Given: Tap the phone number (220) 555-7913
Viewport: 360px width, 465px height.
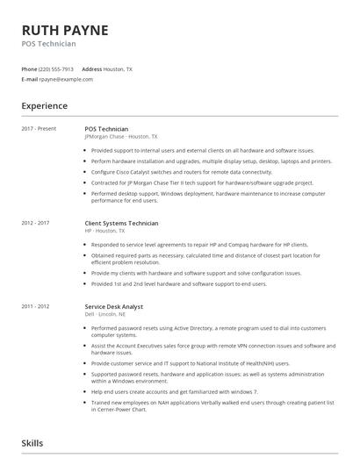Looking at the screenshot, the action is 56,68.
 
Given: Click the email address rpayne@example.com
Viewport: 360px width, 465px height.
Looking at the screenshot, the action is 66,79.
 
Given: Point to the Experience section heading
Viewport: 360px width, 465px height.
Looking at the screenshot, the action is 44,106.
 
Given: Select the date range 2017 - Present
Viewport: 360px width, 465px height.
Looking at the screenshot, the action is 39,129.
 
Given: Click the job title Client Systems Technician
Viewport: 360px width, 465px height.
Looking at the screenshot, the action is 121,223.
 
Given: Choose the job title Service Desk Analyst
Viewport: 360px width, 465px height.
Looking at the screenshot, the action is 114,306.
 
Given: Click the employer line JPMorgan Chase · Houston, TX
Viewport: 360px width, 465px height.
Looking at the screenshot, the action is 121,137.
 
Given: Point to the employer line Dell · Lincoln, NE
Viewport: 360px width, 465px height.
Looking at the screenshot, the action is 106,314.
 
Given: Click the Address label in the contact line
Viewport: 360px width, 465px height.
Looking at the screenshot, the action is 91,68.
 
